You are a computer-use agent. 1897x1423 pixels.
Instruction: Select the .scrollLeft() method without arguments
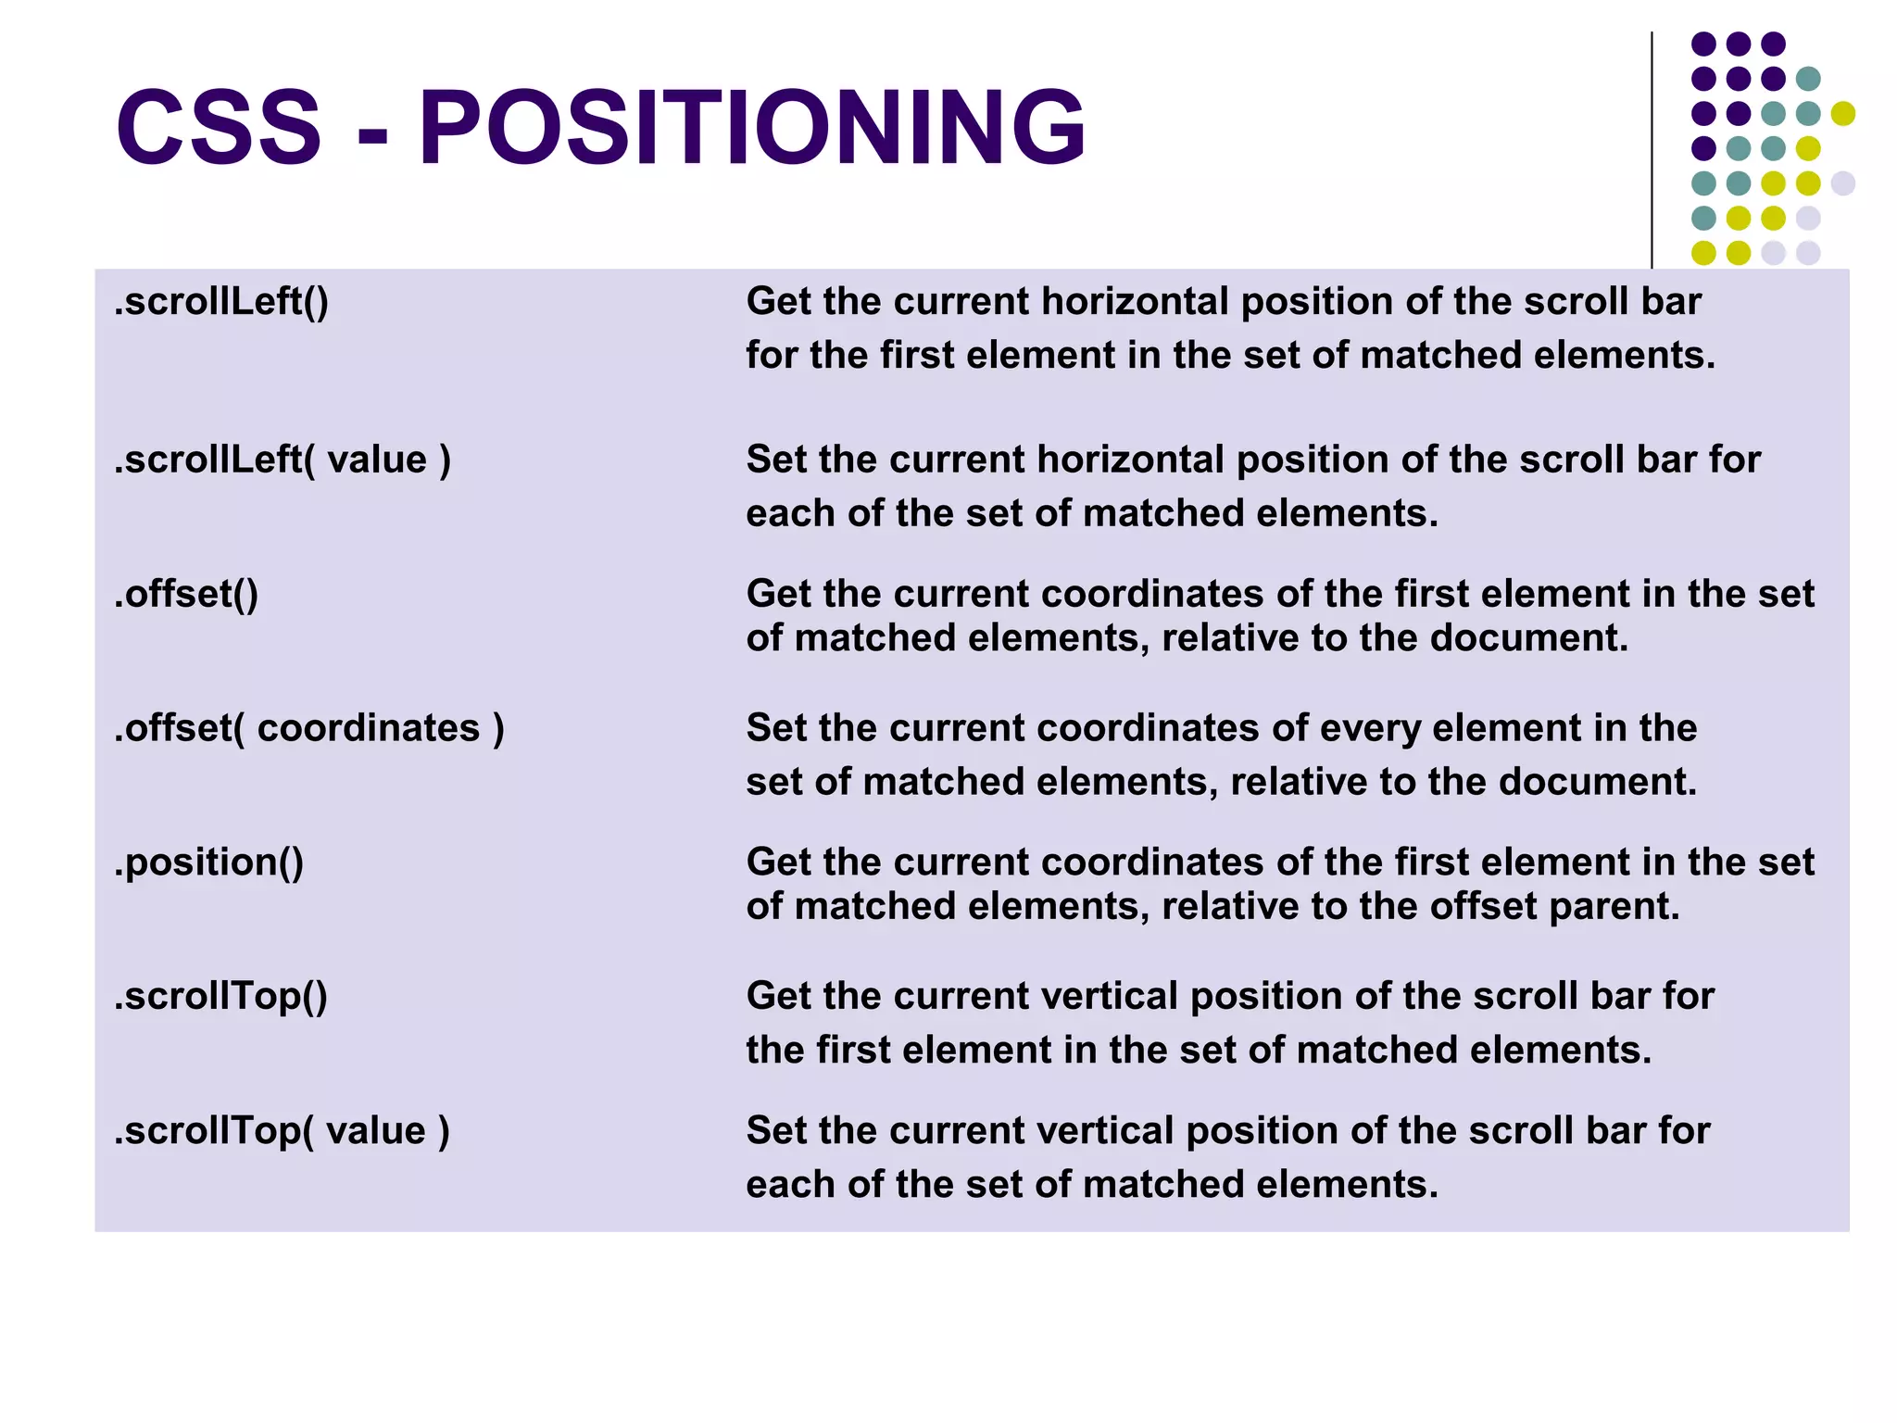[221, 302]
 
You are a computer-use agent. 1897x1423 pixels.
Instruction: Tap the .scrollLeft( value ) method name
[283, 460]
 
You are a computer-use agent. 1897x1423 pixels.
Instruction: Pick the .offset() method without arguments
[186, 594]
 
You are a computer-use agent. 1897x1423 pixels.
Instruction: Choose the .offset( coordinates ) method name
[309, 728]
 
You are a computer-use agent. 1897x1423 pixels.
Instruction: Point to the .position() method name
[209, 863]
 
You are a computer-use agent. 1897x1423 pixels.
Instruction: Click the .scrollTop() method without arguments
[221, 997]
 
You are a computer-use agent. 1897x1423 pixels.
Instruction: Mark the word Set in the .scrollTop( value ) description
[776, 1131]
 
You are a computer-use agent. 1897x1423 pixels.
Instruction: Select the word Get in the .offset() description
[778, 594]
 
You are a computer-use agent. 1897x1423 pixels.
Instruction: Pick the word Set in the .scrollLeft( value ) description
[776, 460]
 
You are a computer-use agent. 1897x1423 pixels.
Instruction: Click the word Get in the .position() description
[778, 863]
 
